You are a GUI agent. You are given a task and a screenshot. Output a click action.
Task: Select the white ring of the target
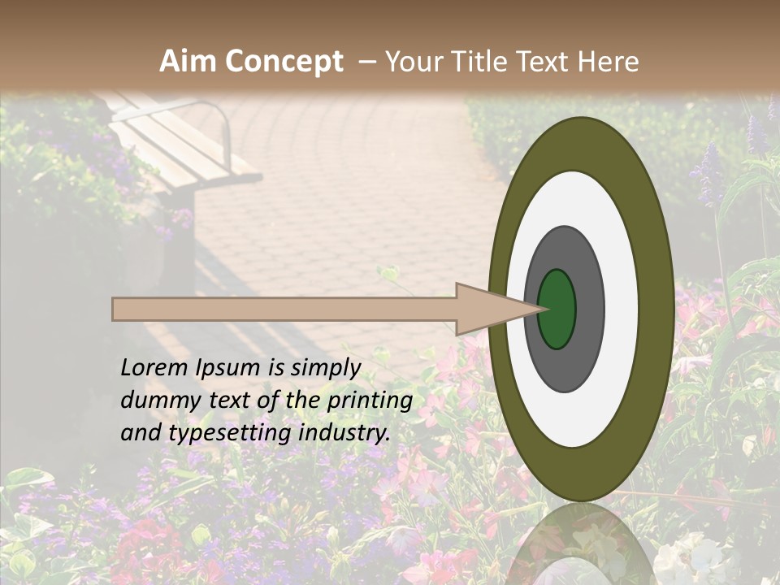pyautogui.click(x=621, y=309)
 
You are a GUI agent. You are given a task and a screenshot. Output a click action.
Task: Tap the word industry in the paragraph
pyautogui.click(x=344, y=433)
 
